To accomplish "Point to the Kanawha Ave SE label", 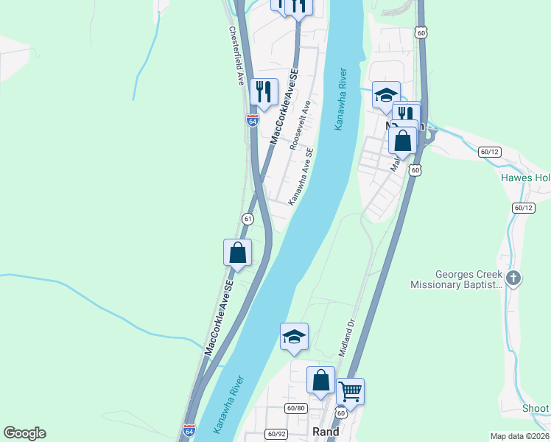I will coord(301,176).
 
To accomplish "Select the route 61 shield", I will coord(248,219).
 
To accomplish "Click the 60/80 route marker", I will coord(296,408).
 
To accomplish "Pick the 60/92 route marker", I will coord(276,434).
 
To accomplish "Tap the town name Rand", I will coord(326,432).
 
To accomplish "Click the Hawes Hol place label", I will coord(525,178).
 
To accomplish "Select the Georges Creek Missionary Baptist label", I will coord(456,279).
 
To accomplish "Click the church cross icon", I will coord(514,278).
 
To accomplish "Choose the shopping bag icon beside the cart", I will coord(320,380).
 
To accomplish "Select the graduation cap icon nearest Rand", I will coord(294,337).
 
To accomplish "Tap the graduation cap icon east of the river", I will coord(386,94).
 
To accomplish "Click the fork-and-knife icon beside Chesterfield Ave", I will coord(264,91).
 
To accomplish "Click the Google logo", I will coord(24,433).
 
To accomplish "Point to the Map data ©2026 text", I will coord(519,436).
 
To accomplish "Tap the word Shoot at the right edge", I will coord(536,409).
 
